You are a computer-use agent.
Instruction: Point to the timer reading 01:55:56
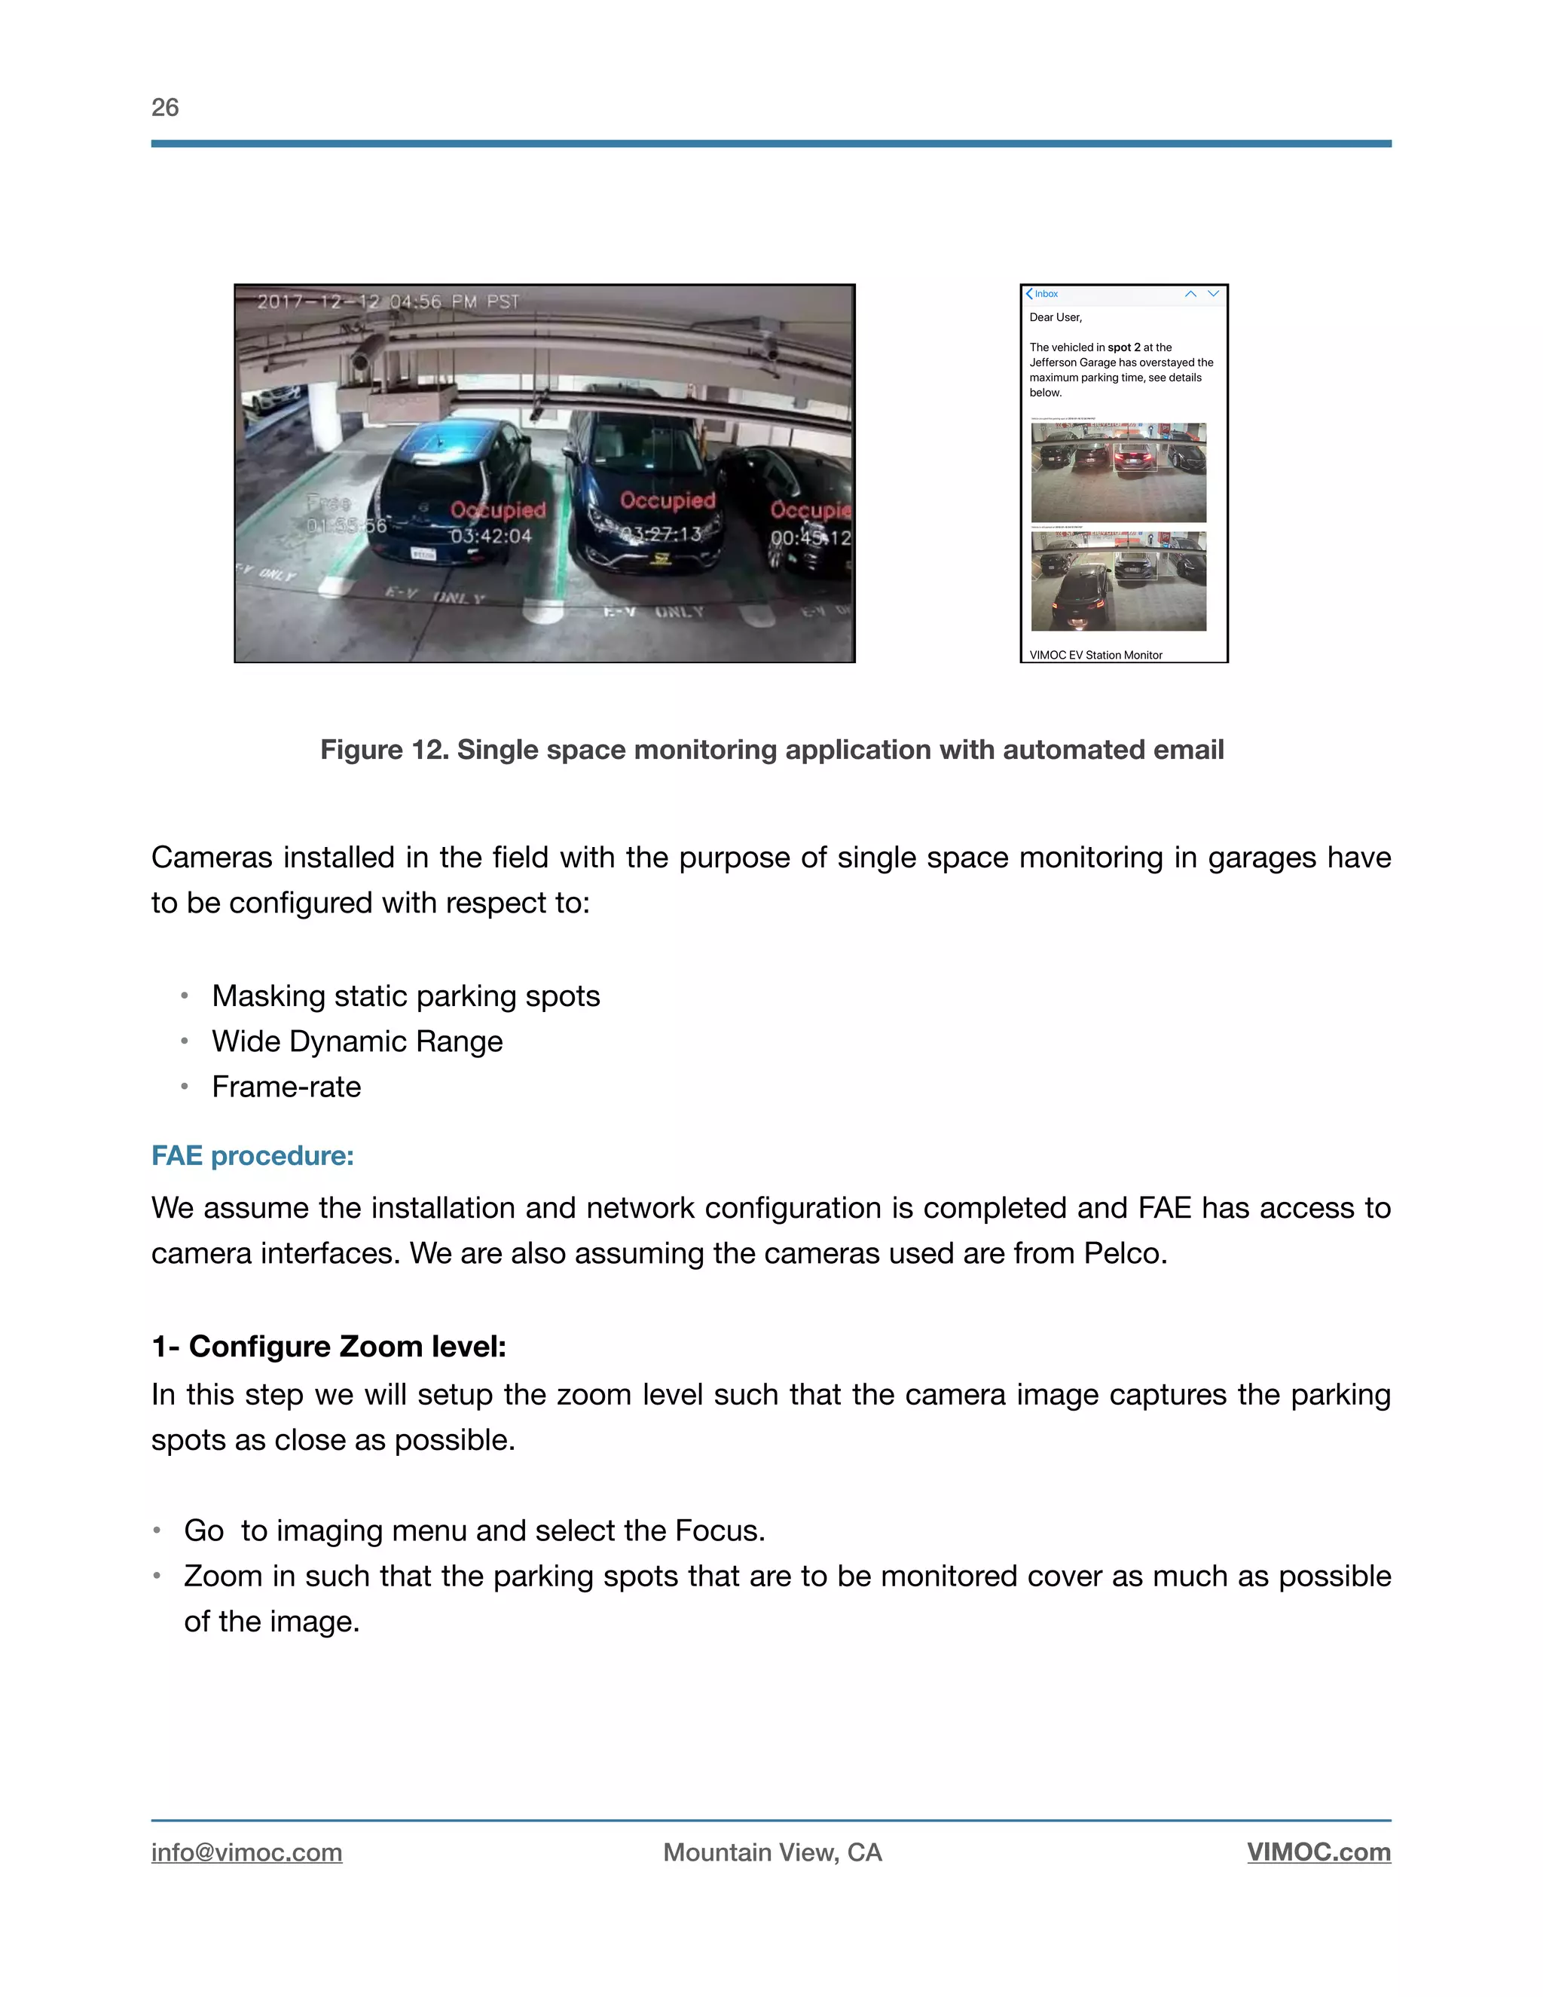point(346,526)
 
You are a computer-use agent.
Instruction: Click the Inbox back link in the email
point(1042,295)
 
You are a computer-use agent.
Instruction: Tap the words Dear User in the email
point(1055,317)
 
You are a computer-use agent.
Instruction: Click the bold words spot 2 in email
point(1123,347)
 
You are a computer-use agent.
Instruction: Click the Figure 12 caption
point(771,750)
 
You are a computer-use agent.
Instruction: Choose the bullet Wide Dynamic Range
point(356,1041)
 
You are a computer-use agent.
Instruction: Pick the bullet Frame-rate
point(286,1087)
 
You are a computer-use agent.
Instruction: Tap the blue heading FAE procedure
point(252,1156)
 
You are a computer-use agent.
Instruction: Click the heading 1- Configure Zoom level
point(328,1347)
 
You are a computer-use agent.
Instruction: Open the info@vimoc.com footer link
point(247,1852)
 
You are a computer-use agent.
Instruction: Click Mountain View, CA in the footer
point(771,1852)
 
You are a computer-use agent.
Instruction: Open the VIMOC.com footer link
point(1318,1852)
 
